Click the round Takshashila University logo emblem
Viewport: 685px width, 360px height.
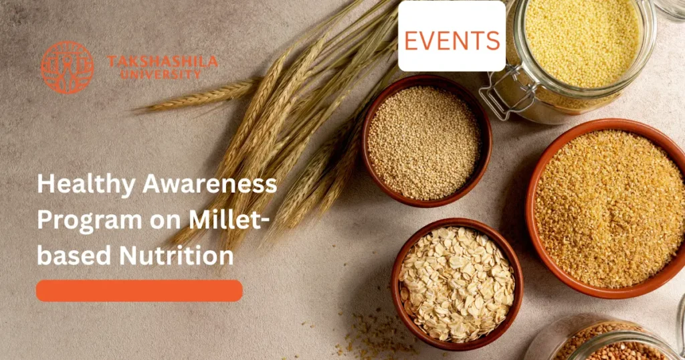coord(67,67)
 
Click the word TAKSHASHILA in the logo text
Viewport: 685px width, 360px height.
coord(163,62)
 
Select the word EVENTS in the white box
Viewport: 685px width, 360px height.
coord(452,41)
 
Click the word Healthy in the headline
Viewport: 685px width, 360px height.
coord(79,185)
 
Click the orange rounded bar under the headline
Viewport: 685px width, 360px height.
coord(139,290)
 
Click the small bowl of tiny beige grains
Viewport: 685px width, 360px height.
coord(425,142)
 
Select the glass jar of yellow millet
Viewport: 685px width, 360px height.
coord(579,47)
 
